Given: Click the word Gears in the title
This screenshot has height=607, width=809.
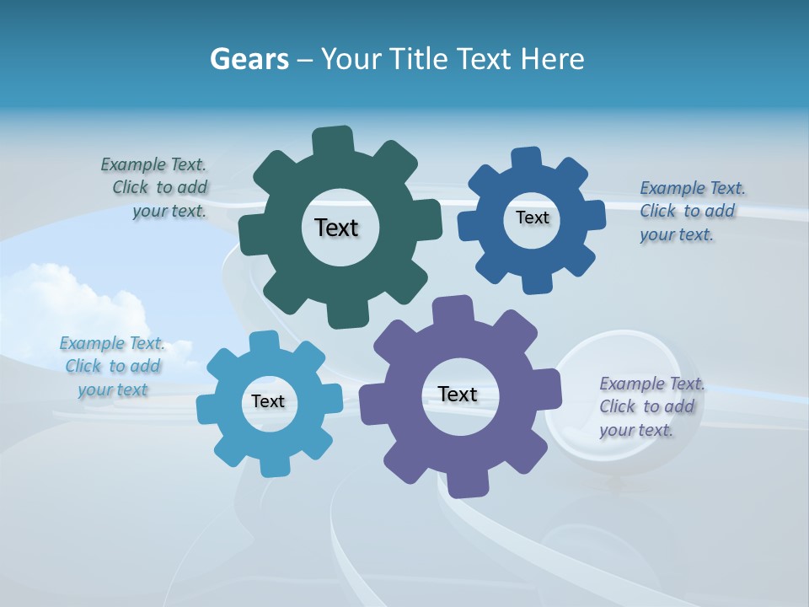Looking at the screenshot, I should click(249, 59).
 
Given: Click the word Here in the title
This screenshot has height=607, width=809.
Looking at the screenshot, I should click(552, 59).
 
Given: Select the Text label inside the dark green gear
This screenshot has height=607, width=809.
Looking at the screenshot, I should click(336, 228).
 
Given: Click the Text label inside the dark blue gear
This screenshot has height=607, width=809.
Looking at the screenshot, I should click(532, 218).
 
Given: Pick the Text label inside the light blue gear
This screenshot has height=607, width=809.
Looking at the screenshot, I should click(268, 402).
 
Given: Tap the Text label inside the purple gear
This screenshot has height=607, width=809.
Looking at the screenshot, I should click(458, 394).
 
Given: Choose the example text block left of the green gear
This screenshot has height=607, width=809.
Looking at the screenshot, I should click(156, 188).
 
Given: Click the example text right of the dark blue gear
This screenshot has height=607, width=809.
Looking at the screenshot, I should click(691, 211).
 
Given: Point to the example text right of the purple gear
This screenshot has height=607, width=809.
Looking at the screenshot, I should click(651, 406).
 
